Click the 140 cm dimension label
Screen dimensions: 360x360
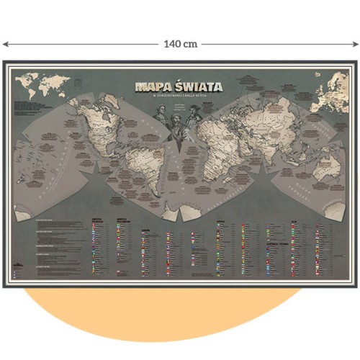click(180, 44)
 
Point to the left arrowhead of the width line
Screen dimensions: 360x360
click(4, 44)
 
